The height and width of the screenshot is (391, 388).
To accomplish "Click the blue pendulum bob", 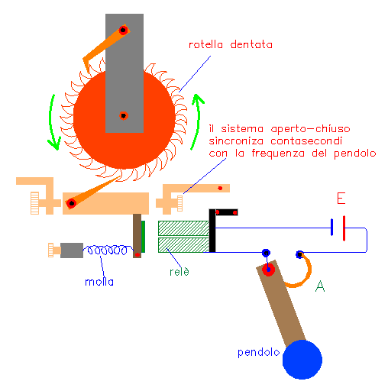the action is click(x=302, y=360).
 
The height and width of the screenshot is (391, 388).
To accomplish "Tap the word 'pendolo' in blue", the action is click(x=258, y=353).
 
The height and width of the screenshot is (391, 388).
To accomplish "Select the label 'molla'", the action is click(x=99, y=282).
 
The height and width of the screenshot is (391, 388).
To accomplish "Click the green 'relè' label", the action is click(x=179, y=272).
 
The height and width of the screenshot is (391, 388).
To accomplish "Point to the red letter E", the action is click(x=341, y=199).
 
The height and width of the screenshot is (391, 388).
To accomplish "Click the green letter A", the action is click(x=320, y=286).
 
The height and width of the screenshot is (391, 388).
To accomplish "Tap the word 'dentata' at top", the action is click(x=251, y=44).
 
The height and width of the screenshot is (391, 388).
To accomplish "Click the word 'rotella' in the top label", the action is click(x=205, y=44).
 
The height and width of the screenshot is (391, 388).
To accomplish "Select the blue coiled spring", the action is click(x=108, y=250).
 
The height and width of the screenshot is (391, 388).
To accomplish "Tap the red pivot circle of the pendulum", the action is click(x=268, y=270).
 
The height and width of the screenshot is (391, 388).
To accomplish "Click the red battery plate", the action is click(x=344, y=228).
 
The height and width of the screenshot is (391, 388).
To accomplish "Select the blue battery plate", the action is click(x=331, y=227).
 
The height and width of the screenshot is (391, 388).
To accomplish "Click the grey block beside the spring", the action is click(x=72, y=250).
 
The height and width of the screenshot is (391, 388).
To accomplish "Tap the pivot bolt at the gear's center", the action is click(x=124, y=116).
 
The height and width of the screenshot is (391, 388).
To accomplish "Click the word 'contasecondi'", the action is click(x=306, y=141).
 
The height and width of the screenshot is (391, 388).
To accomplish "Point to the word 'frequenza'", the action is click(x=278, y=153).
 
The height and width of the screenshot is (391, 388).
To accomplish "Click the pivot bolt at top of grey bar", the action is click(x=123, y=30).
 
